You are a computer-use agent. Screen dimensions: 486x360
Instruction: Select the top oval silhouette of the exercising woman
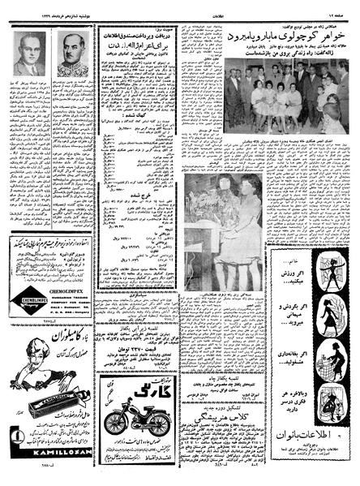[331, 268]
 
